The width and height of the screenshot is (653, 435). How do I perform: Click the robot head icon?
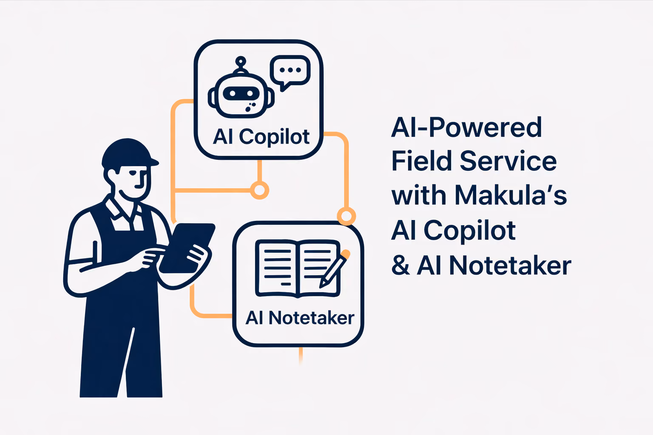click(x=241, y=94)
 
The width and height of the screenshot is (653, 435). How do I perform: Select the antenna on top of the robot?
click(x=241, y=65)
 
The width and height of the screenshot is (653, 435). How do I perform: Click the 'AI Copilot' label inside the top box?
click(x=261, y=137)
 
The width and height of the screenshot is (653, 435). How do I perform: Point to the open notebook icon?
click(x=298, y=268)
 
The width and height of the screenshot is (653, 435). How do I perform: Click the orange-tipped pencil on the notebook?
click(x=335, y=268)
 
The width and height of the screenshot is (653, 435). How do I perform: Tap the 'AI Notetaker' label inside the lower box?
click(x=300, y=318)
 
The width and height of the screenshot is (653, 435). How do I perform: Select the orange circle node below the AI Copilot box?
click(x=259, y=190)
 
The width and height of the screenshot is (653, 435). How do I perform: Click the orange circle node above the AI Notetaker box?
click(x=346, y=216)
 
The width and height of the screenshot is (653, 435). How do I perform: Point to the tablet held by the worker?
click(x=187, y=248)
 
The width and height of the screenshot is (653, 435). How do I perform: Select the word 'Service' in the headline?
click(x=508, y=161)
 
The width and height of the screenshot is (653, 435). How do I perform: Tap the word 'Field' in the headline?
click(x=422, y=161)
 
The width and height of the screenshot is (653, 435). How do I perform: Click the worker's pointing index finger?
click(x=154, y=251)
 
